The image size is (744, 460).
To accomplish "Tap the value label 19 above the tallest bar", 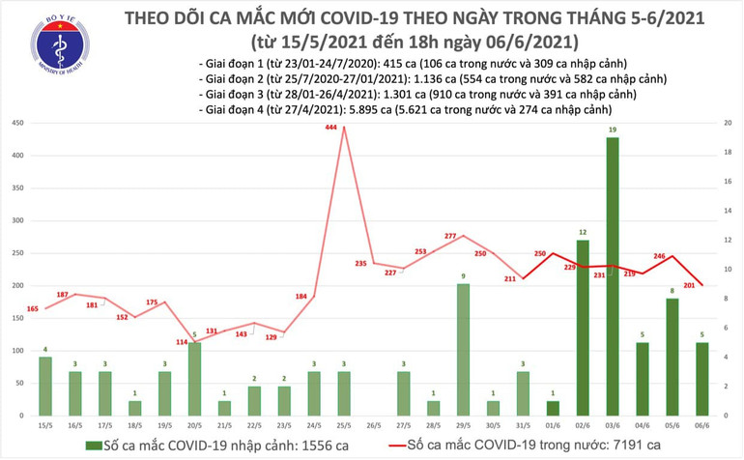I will pos(613,129).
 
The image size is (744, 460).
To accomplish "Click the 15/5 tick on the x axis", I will pos(45,424).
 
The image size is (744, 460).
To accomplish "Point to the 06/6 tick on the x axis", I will pos(701,424).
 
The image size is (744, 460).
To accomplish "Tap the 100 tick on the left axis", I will pos(18,351).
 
